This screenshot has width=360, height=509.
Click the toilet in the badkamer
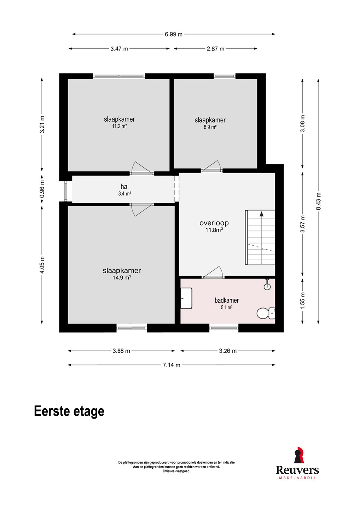pyautogui.click(x=266, y=313)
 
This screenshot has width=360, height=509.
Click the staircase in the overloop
pyautogui.click(x=260, y=237)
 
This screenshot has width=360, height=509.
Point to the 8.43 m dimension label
pyautogui.click(x=318, y=201)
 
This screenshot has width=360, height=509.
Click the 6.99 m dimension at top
pyautogui.click(x=174, y=34)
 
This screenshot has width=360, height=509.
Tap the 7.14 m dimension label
pyautogui.click(x=172, y=365)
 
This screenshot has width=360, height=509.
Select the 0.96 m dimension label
pyautogui.click(x=42, y=189)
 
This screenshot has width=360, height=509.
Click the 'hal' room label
pyautogui.click(x=124, y=187)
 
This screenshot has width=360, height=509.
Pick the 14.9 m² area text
pyautogui.click(x=122, y=277)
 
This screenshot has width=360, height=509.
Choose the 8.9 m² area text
pyautogui.click(x=210, y=127)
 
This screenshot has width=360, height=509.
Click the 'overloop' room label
pyautogui.click(x=214, y=223)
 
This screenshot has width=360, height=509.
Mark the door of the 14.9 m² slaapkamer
pyautogui.click(x=141, y=210)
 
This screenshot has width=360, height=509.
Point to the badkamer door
pyautogui.click(x=213, y=272)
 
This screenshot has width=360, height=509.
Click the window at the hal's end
pyautogui.click(x=65, y=191)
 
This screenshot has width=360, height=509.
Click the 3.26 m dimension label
pyautogui.click(x=228, y=351)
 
